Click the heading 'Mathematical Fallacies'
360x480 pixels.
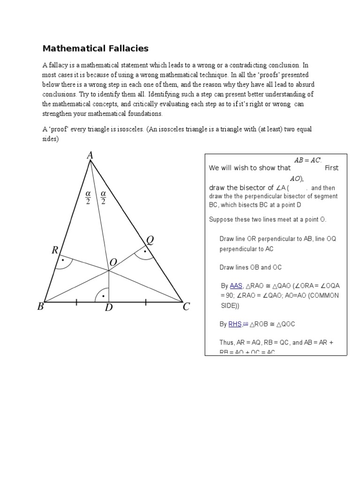[x=96, y=48]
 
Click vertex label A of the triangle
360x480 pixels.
[x=90, y=155]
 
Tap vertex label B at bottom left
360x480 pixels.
[x=40, y=307]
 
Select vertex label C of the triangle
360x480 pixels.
[x=186, y=307]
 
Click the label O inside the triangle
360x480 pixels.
[x=113, y=263]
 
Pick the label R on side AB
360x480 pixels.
[x=55, y=251]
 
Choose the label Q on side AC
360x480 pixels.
[x=150, y=240]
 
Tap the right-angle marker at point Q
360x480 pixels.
[x=144, y=254]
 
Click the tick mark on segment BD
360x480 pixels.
[x=76, y=302]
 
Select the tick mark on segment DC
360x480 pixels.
[x=146, y=302]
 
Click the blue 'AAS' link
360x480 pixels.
[x=235, y=285]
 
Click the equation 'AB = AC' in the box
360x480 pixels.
[x=307, y=160]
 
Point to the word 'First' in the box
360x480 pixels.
[x=331, y=168]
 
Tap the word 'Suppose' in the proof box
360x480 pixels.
[x=221, y=219]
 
